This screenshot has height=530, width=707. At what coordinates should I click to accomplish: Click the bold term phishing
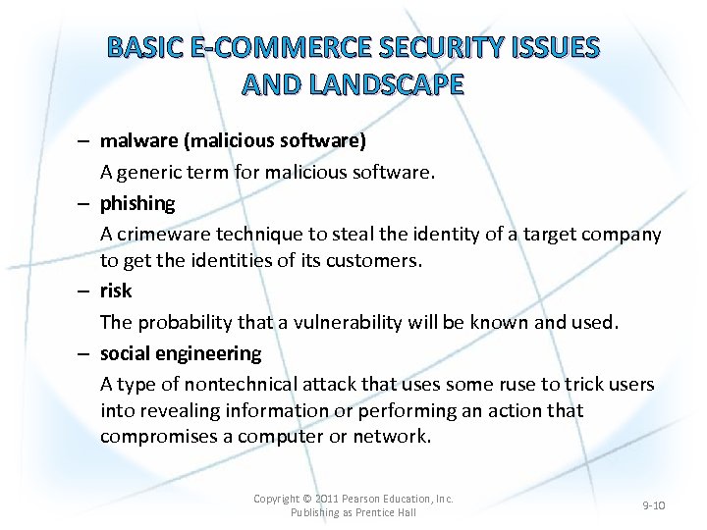[137, 203]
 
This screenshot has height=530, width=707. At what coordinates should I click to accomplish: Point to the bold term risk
[115, 291]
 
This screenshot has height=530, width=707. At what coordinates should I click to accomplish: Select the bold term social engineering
[181, 353]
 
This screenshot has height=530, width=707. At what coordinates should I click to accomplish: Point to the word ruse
[496, 384]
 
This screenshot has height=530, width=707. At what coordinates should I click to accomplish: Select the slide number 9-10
[653, 505]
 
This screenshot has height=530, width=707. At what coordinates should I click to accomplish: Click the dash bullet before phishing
[85, 203]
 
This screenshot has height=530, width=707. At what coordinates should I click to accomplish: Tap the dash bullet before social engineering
[85, 353]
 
